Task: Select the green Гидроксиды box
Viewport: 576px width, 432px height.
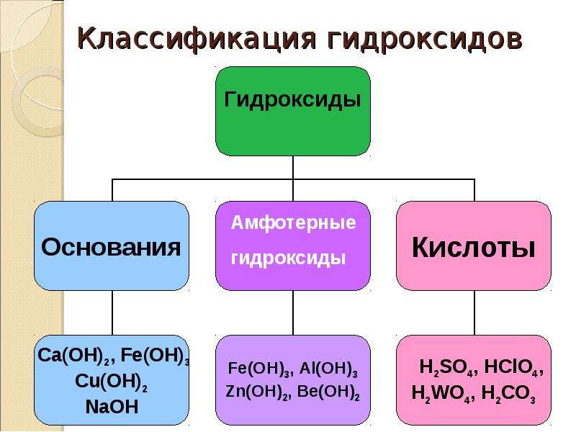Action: tap(293, 111)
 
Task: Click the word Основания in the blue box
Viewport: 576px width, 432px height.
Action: tap(111, 247)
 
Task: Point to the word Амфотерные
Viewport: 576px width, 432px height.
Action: tap(294, 223)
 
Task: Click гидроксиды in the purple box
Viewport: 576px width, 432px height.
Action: tap(289, 258)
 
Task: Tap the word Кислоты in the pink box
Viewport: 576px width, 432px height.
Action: tap(473, 248)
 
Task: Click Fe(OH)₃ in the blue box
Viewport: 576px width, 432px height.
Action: tap(155, 356)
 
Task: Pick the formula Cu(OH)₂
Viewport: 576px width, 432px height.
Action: tap(112, 382)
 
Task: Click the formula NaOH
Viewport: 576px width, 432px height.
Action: tap(112, 407)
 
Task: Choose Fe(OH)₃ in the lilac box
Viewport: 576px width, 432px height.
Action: tap(258, 369)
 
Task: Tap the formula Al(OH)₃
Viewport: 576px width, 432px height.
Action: tap(328, 369)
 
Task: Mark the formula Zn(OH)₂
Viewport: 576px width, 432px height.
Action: tap(256, 392)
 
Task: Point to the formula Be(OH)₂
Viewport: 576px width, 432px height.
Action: tap(328, 392)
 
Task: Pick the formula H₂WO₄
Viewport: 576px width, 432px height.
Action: tap(441, 394)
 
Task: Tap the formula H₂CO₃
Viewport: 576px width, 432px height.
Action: tap(508, 394)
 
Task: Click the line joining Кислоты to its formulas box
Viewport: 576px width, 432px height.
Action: tap(474, 312)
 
